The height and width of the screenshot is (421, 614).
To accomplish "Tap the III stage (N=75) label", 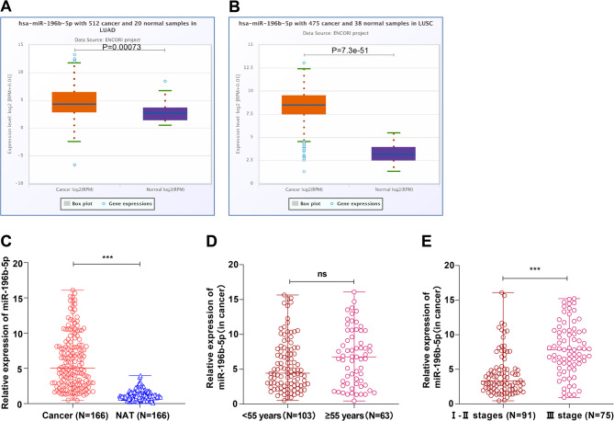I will (x=554, y=411).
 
